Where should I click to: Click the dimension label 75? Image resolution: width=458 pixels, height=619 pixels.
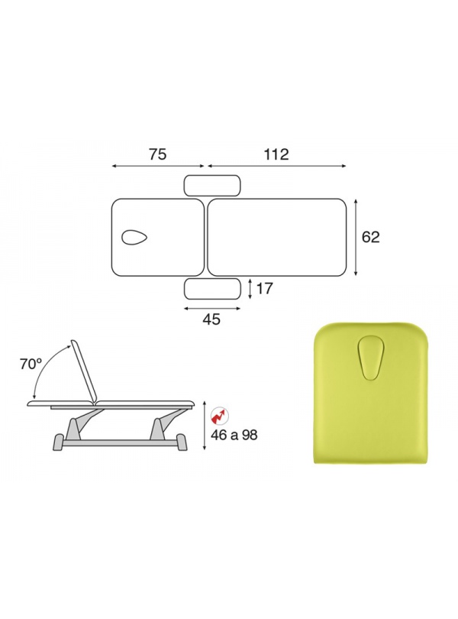157,154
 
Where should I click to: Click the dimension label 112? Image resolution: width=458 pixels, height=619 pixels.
276,154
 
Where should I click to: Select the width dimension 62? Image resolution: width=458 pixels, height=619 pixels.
370,237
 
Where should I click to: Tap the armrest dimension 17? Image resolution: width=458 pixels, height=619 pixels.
264,289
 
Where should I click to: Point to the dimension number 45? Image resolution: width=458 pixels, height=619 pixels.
211,319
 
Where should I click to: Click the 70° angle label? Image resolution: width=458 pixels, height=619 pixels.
31,365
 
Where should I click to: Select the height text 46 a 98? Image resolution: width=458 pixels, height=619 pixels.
234,435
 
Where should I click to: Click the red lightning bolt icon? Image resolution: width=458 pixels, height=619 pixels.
219,415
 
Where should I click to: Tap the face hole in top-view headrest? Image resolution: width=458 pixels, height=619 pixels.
134,237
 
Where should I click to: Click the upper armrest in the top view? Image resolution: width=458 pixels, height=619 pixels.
212,186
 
